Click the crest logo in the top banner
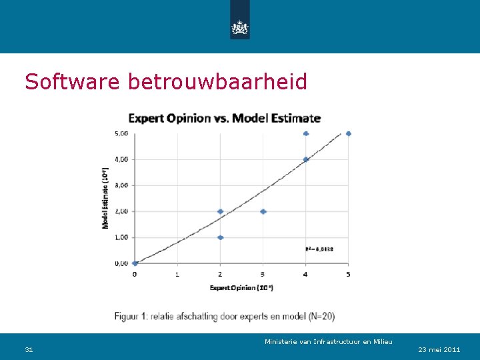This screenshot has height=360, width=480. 239,27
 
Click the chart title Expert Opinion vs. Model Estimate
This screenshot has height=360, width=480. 224,119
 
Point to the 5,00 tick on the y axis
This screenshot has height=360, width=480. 121,133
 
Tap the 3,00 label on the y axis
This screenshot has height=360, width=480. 121,185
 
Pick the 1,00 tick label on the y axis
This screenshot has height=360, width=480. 121,237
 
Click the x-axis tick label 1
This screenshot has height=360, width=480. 177,273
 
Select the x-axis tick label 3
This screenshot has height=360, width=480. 263,273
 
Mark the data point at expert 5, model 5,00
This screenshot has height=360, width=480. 348,133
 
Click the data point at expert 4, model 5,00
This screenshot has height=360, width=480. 305,133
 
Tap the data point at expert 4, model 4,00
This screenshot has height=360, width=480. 305,159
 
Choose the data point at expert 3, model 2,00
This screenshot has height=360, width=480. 263,211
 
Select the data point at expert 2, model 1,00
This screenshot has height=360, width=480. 220,237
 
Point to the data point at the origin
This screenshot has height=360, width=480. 135,263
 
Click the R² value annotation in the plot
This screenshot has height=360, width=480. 319,249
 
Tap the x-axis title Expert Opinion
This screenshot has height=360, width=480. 241,287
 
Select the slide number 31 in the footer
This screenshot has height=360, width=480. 29,349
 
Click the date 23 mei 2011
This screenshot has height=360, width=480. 439,349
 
